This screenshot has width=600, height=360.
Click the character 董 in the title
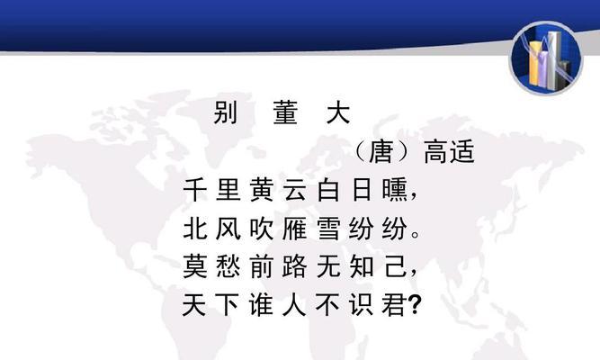tap(285, 112)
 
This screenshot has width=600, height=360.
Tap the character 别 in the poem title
tap(226, 112)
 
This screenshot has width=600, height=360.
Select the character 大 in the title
tap(338, 112)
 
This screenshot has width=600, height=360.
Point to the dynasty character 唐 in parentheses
tap(381, 152)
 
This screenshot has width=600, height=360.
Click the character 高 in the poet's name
tap(436, 152)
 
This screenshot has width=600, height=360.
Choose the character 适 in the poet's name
tap(461, 152)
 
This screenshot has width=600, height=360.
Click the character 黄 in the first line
tap(262, 190)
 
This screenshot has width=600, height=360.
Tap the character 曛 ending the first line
tap(395, 190)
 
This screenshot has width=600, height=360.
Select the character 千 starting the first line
tap(195, 190)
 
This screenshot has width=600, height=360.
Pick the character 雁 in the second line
tap(295, 229)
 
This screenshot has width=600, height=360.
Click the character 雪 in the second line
tap(328, 229)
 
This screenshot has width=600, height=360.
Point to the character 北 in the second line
tap(195, 229)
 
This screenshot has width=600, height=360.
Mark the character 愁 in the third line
tap(228, 266)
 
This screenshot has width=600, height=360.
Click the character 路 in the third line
tap(295, 266)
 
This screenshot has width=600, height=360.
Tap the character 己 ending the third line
tap(395, 266)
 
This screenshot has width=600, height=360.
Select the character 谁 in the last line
tap(262, 305)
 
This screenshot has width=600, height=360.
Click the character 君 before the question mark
tap(395, 305)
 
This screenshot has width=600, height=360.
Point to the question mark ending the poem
tap(415, 305)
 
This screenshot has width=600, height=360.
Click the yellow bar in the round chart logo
tap(534, 63)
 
